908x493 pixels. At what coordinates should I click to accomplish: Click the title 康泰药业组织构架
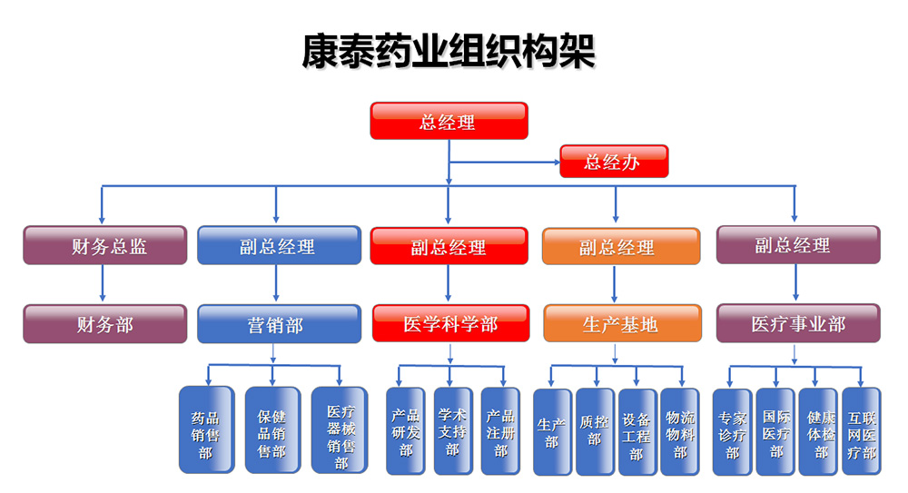click(449, 52)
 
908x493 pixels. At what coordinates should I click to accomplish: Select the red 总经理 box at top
click(449, 121)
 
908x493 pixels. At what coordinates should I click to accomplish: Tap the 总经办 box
click(614, 162)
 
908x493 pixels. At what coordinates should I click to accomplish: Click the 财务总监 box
click(105, 246)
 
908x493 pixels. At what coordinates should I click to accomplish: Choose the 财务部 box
click(105, 324)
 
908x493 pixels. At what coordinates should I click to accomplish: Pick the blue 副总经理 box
click(277, 246)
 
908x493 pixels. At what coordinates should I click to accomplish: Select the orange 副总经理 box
click(622, 246)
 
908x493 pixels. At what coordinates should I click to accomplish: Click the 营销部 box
click(277, 324)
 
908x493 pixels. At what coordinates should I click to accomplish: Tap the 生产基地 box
click(622, 324)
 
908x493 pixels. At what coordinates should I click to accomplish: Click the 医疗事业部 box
click(798, 323)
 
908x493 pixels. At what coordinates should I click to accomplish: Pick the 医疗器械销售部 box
click(340, 430)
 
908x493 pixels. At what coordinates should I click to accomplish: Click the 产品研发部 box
click(405, 430)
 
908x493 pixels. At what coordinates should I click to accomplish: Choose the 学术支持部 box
click(451, 430)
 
